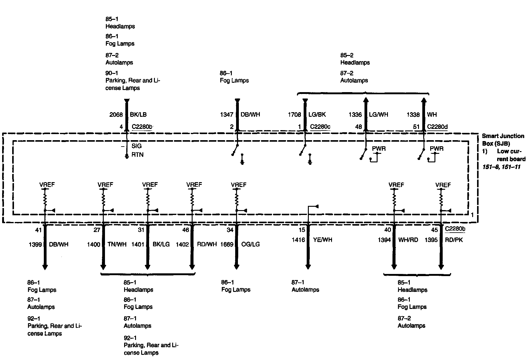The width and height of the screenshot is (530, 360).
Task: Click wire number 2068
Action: (116, 115)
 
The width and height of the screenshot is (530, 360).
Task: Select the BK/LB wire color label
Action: (138, 115)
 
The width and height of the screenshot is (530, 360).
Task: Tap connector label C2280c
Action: (320, 127)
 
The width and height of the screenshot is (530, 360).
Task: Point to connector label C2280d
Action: (437, 127)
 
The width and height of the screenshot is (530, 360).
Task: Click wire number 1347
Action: (227, 115)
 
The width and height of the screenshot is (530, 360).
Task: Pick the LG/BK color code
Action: (317, 115)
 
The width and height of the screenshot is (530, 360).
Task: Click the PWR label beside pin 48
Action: (379, 149)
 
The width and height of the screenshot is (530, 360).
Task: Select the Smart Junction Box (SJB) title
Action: (503, 140)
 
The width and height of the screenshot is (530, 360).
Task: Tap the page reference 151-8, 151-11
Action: (501, 167)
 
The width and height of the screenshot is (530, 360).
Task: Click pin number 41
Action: (38, 230)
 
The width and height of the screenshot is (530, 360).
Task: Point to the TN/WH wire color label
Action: (117, 244)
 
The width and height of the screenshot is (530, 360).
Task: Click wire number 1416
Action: (298, 240)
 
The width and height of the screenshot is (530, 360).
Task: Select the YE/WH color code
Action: (323, 240)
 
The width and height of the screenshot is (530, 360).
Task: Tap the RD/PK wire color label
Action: (454, 240)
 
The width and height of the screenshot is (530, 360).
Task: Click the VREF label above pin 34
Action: (239, 185)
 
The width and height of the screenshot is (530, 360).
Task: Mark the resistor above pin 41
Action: (45, 200)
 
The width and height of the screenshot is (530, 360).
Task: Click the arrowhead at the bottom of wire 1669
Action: (236, 267)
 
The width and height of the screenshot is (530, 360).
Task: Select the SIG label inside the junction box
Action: (137, 146)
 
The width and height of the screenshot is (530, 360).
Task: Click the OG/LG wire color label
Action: (250, 244)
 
